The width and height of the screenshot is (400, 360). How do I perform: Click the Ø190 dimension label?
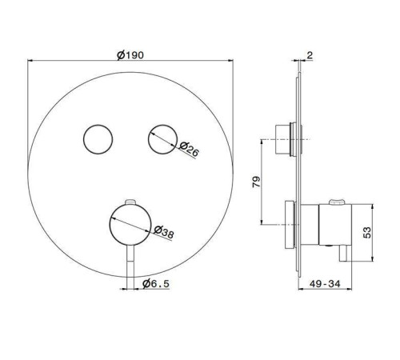pyautogui.click(x=130, y=55)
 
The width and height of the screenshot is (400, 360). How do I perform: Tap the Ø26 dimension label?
pyautogui.click(x=189, y=150)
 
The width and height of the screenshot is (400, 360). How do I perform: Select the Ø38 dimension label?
pyautogui.click(x=164, y=232)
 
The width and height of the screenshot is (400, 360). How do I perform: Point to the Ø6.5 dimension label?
pyautogui.click(x=156, y=284)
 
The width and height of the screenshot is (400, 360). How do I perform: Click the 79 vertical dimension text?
pyautogui.click(x=256, y=182)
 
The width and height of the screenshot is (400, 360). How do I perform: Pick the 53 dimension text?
pyautogui.click(x=367, y=233)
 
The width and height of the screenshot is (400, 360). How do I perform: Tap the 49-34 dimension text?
pyautogui.click(x=325, y=284)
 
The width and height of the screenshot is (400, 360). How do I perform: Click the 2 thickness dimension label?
pyautogui.click(x=310, y=55)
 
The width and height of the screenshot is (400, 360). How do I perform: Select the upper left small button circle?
pyautogui.click(x=98, y=139)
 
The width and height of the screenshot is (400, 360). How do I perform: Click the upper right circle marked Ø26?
pyautogui.click(x=163, y=139)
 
